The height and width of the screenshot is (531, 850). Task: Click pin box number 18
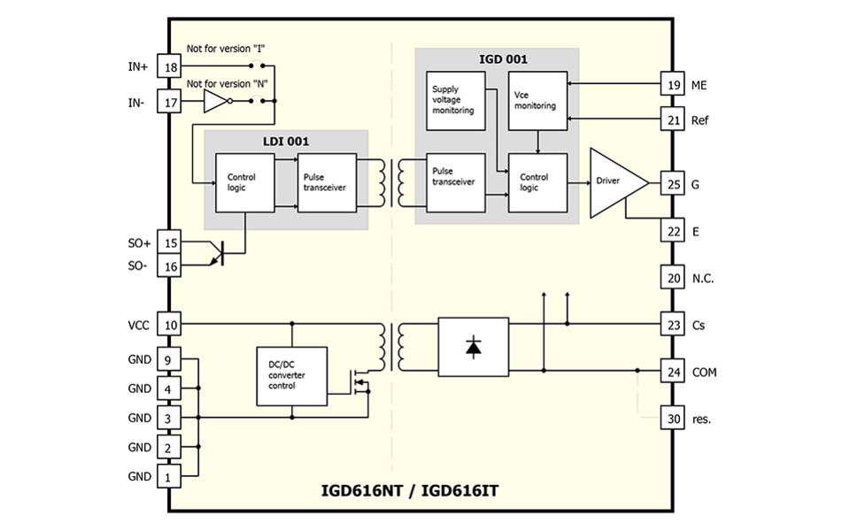coord(169,66)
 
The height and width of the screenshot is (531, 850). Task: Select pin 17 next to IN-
coord(169,102)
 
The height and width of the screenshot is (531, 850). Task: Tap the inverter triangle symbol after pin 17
coord(216,102)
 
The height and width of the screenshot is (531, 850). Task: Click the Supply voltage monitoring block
coord(455,99)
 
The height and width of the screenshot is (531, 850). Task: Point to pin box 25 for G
coord(672,184)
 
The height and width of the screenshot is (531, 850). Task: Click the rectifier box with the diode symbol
coord(473,348)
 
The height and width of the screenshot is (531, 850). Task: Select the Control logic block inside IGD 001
coord(537,181)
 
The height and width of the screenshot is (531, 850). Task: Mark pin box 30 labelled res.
coord(672,418)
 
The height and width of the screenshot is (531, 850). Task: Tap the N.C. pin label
coord(704,278)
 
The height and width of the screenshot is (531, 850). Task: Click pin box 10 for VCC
coord(169,325)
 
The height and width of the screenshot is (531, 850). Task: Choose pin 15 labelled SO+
coord(169,243)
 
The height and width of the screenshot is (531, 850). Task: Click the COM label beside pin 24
coord(706,372)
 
